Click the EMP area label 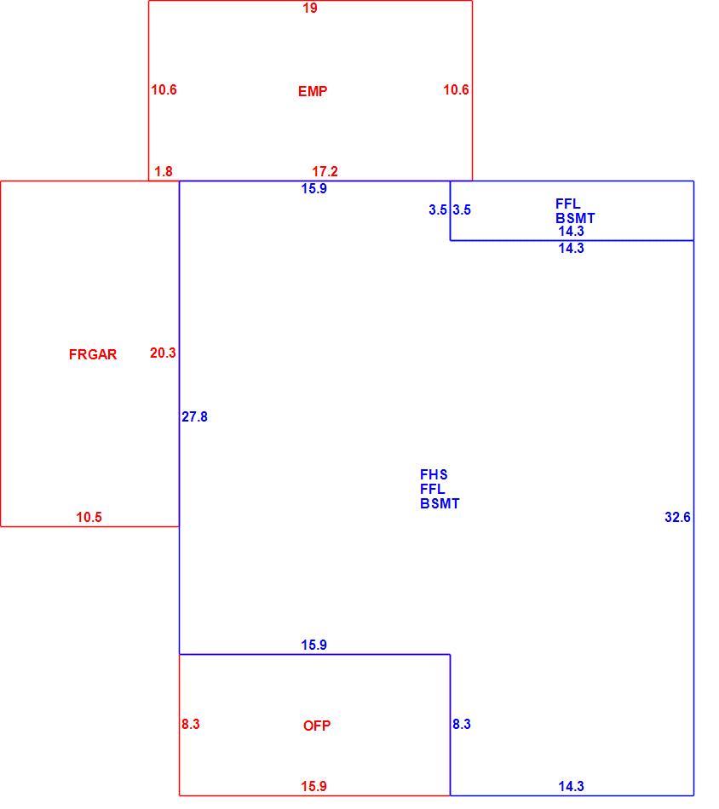tap(313, 91)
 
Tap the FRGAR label tap(93, 354)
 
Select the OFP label tap(317, 726)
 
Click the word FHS tap(434, 474)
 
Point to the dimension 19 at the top tap(310, 8)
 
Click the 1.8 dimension tap(164, 171)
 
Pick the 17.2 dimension tap(325, 171)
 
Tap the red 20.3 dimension tap(163, 353)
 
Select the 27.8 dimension tap(194, 416)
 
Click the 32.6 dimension tap(678, 517)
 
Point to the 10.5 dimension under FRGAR tap(89, 517)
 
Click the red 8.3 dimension tap(191, 724)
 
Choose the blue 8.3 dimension tap(462, 724)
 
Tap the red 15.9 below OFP tap(313, 786)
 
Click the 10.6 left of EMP tap(164, 89)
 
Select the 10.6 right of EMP tap(457, 89)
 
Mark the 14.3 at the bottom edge tap(572, 786)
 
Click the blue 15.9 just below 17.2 tap(314, 188)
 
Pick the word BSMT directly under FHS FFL tap(440, 503)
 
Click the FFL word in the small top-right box tap(568, 204)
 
